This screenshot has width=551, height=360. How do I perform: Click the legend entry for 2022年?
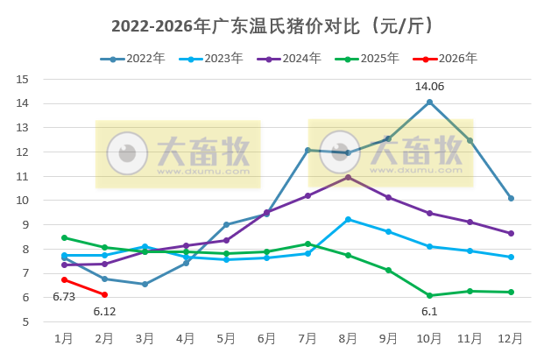(132, 59)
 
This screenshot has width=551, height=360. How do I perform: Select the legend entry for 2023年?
(210, 59)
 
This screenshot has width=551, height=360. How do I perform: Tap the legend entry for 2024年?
(288, 59)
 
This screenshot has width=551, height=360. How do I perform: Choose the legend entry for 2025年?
(367, 59)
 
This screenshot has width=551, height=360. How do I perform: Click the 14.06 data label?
(429, 86)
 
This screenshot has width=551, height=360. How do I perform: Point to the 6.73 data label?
(64, 296)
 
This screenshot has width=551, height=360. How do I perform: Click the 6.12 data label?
(105, 312)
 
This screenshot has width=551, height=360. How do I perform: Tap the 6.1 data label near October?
(429, 312)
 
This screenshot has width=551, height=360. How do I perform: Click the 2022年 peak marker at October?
(429, 102)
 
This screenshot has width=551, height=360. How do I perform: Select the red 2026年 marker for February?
(105, 294)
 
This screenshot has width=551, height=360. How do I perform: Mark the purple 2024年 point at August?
(348, 177)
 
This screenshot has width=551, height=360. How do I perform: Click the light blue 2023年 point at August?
(348, 219)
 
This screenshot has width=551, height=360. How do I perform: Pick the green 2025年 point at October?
(429, 295)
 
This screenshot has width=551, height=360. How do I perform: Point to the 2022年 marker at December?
(511, 198)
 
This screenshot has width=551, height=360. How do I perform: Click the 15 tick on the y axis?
(24, 79)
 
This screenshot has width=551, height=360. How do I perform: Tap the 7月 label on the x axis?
(307, 338)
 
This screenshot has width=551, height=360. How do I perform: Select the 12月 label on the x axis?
(511, 338)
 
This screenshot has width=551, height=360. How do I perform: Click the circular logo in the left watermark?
(127, 154)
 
